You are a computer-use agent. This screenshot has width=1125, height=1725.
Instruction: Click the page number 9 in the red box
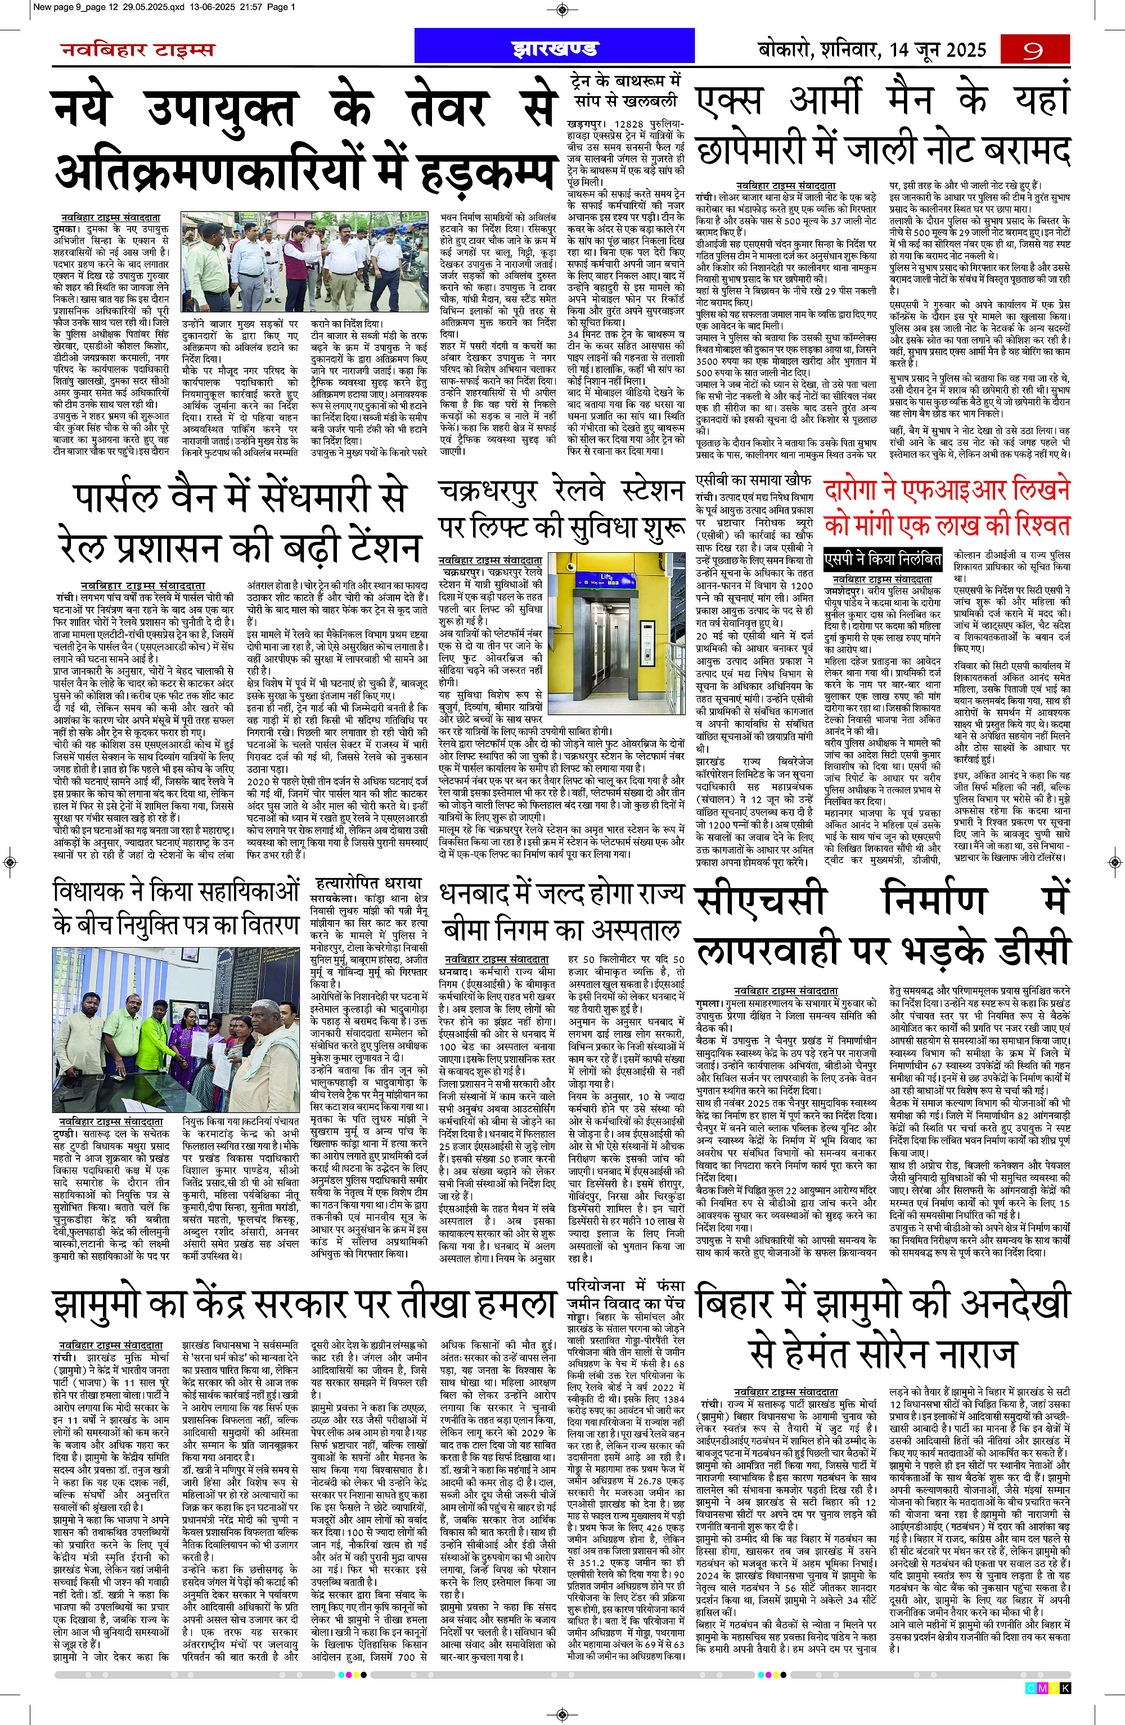[x=1034, y=50]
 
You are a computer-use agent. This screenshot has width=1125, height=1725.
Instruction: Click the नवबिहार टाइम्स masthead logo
[x=137, y=50]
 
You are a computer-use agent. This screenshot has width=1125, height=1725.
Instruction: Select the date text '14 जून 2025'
[x=935, y=50]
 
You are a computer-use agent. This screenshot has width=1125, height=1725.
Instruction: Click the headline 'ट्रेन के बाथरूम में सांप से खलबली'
[x=624, y=88]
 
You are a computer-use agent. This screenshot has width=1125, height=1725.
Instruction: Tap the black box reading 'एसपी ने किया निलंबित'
[x=883, y=560]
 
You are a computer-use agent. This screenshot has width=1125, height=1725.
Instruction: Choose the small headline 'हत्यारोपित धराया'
[x=369, y=883]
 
